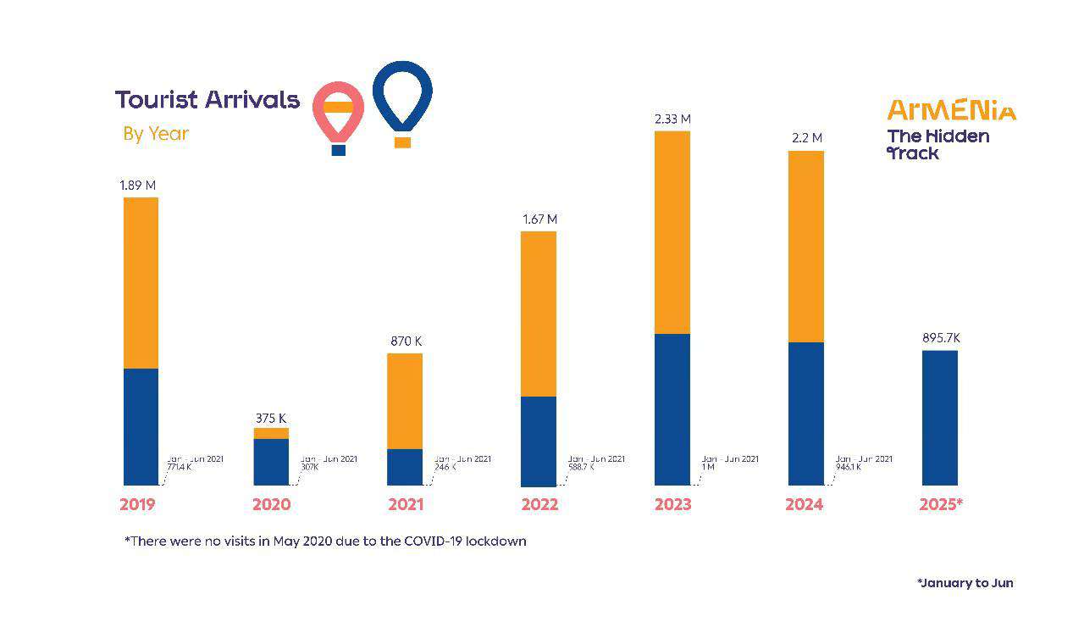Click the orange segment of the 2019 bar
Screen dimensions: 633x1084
(x=141, y=282)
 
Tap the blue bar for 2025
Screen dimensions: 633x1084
(x=939, y=417)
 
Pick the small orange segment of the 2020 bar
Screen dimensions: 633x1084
(x=271, y=433)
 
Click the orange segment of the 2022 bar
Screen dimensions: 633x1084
(x=539, y=314)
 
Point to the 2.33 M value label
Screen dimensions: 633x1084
(x=672, y=119)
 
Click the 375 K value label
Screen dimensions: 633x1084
(x=271, y=419)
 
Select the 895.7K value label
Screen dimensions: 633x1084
(x=941, y=338)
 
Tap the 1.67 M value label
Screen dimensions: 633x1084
(x=539, y=219)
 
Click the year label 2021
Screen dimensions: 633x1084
(x=406, y=505)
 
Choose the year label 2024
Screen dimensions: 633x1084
(x=805, y=505)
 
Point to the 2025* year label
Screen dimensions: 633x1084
(x=941, y=505)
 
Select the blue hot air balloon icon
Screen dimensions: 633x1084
(x=403, y=97)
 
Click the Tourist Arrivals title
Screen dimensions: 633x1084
(x=207, y=100)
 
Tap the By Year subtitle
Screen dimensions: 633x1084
(x=156, y=134)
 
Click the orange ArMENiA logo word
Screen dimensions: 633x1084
(x=951, y=110)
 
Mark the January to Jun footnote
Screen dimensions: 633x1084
(x=965, y=583)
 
